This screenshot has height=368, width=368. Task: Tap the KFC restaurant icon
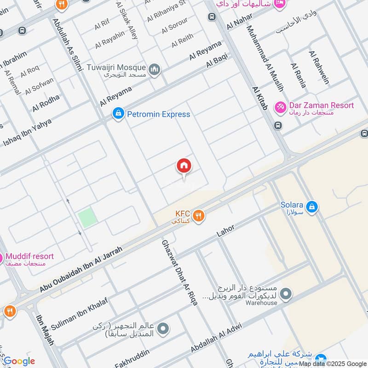click(x=198, y=216)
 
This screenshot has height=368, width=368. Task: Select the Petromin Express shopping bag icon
click(x=118, y=113)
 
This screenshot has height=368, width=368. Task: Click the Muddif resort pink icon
click(x=1, y=259)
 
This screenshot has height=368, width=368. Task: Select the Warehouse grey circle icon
click(x=286, y=293)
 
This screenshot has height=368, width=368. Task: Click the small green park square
click(x=87, y=218)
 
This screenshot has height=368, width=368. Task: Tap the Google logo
click(x=19, y=361)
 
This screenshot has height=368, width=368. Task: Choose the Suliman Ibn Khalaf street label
click(x=80, y=312)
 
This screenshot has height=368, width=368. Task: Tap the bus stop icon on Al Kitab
click(x=278, y=125)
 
